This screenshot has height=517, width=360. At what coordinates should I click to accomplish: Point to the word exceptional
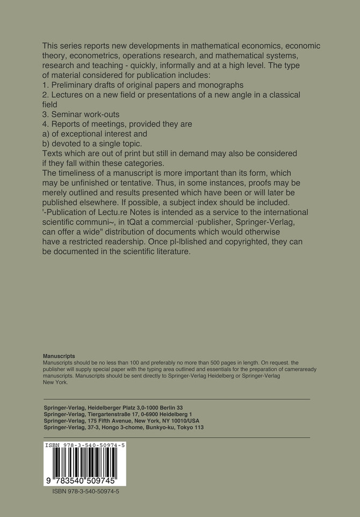pyautogui.click(x=83, y=134)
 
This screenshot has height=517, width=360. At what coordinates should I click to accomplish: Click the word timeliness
pyautogui.click(x=78, y=173)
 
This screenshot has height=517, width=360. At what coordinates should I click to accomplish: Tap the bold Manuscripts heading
pyautogui.click(x=59, y=356)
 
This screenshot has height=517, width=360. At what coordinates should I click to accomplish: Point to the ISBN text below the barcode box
pyautogui.click(x=85, y=491)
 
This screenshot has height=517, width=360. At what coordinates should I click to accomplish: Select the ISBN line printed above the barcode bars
pyautogui.click(x=85, y=446)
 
